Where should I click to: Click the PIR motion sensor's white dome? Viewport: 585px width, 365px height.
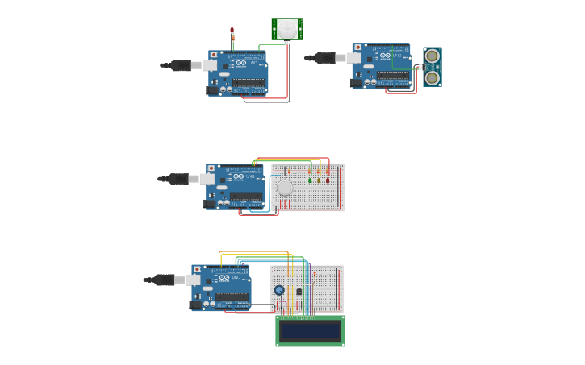click(287, 28)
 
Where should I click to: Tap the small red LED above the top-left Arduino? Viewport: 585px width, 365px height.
click(232, 31)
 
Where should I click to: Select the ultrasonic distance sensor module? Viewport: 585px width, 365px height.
click(432, 67)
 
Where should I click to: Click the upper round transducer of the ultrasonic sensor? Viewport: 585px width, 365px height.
click(432, 56)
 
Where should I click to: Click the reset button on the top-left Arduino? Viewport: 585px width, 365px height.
click(214, 55)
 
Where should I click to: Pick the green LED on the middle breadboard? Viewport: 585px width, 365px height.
click(310, 180)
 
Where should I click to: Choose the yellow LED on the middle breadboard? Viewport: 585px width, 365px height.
click(319, 180)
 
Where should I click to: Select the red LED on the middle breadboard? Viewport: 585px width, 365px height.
click(328, 180)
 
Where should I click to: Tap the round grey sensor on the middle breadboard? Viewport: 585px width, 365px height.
click(285, 188)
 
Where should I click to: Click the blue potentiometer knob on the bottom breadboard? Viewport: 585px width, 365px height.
click(279, 290)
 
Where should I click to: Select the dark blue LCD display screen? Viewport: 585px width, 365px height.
click(310, 331)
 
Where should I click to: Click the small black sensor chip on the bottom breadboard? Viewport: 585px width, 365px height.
click(299, 292)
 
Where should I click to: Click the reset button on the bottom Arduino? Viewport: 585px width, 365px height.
click(197, 269)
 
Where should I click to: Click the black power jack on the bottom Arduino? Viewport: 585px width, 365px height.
click(195, 305)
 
